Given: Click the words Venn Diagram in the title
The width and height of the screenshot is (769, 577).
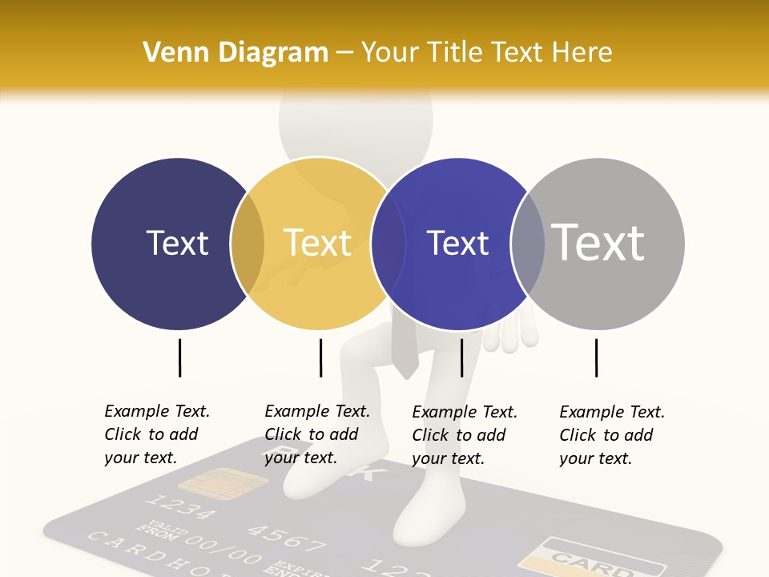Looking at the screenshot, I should pyautogui.click(x=236, y=53).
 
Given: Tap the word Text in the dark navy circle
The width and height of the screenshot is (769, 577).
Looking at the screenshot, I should pyautogui.click(x=177, y=243).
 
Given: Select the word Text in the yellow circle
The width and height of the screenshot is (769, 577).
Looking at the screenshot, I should pyautogui.click(x=318, y=243).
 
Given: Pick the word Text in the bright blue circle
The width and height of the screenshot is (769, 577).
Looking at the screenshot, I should pyautogui.click(x=457, y=243).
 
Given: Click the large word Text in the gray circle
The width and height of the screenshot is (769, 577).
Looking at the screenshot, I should pyautogui.click(x=598, y=242).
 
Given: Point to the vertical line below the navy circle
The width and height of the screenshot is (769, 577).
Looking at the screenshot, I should pyautogui.click(x=179, y=357).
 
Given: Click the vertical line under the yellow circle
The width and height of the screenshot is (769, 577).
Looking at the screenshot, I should pyautogui.click(x=320, y=357).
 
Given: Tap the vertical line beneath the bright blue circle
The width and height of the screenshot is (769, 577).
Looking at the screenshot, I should pyautogui.click(x=461, y=357).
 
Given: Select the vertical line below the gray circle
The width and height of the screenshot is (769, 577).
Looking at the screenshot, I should pyautogui.click(x=596, y=357).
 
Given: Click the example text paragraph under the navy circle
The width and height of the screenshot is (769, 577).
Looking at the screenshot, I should pyautogui.click(x=156, y=434).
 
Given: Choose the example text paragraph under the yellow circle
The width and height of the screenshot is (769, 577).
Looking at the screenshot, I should pyautogui.click(x=316, y=434).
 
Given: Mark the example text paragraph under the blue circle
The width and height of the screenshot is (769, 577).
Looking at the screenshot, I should pyautogui.click(x=464, y=435).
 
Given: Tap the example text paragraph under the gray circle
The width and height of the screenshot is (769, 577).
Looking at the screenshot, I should pyautogui.click(x=611, y=435).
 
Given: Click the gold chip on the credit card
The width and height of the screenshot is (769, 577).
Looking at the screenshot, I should pyautogui.click(x=222, y=484).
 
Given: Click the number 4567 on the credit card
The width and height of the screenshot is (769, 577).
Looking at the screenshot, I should pyautogui.click(x=286, y=535).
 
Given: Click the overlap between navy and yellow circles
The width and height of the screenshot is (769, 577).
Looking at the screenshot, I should pyautogui.click(x=248, y=243).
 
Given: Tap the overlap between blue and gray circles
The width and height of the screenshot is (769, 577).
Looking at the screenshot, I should pyautogui.click(x=528, y=243).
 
